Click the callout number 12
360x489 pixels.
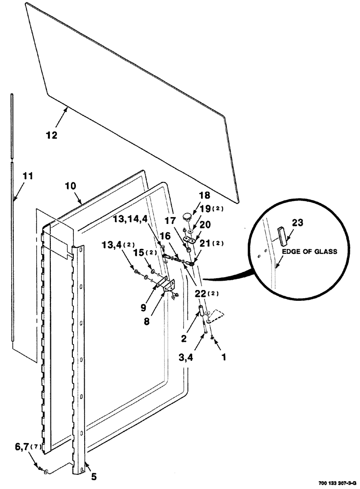[x=52, y=135]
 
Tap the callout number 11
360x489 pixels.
[x=28, y=175]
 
